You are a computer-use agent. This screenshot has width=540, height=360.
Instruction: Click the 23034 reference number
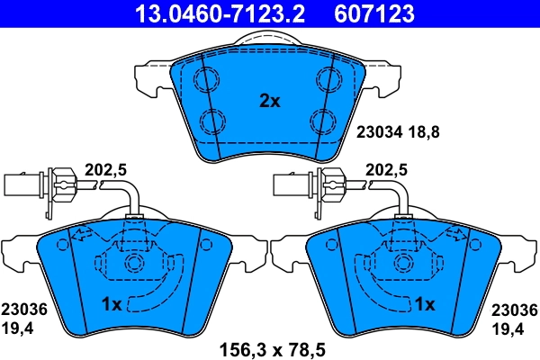pos(380,131)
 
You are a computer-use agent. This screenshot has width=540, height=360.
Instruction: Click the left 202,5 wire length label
pos(102,168)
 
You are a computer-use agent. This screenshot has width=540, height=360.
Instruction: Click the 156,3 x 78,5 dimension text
pos(270,346)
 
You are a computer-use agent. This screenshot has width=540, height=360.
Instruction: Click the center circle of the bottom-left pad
pos(134,264)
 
